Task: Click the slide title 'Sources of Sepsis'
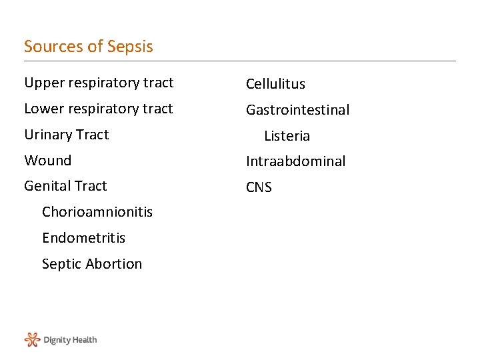[89, 47]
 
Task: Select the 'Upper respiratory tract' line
[99, 83]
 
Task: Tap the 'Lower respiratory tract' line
[99, 109]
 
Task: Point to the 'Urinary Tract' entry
[66, 135]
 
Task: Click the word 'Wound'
[47, 161]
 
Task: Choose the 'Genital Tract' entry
[65, 186]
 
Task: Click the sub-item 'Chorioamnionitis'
[97, 212]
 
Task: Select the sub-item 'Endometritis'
[83, 238]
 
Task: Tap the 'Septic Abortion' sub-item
[92, 264]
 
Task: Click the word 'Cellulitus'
[275, 84]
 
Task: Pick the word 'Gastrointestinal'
[297, 110]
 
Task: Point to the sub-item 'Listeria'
[287, 136]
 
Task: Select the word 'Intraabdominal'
[295, 161]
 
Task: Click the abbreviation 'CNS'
[259, 187]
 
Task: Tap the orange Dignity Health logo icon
[32, 340]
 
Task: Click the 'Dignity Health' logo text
[70, 340]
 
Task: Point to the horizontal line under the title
[240, 61]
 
